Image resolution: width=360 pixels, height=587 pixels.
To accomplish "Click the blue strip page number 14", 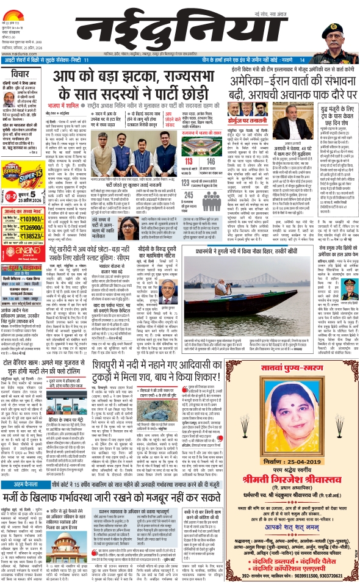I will [x=301, y=60].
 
